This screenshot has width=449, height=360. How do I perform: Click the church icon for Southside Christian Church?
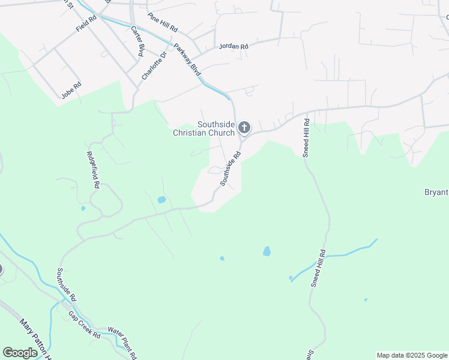click(244, 127)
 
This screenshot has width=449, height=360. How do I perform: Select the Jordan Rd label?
click(234, 46)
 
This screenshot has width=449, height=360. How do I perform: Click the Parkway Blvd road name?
click(187, 59)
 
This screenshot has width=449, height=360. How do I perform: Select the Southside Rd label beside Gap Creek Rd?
click(67, 284)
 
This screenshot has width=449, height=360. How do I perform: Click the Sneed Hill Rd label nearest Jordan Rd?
click(306, 137)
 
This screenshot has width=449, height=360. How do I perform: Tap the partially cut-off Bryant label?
click(436, 192)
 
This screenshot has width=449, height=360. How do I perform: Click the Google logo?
click(20, 353)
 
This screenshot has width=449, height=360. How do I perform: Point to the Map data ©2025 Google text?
click(412, 355)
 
